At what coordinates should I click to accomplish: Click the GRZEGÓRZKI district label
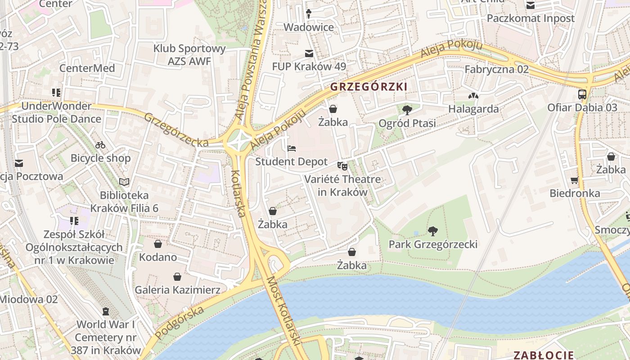[x=369, y=87]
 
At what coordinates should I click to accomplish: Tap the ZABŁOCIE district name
[x=544, y=355]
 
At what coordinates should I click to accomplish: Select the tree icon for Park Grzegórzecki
[x=433, y=231]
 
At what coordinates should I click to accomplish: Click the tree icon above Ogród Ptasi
[x=407, y=110]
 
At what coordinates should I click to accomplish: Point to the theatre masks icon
[x=342, y=166]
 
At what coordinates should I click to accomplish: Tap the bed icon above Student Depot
[x=292, y=148]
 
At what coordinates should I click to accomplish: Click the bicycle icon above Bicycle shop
[x=100, y=145]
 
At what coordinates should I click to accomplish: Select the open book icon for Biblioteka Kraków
[x=124, y=182]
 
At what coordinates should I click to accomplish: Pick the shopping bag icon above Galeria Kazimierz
[x=177, y=276]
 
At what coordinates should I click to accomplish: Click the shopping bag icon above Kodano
[x=158, y=244]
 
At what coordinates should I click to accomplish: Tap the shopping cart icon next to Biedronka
[x=574, y=180]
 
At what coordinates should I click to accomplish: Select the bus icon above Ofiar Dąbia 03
[x=582, y=94]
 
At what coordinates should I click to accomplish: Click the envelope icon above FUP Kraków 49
[x=309, y=54]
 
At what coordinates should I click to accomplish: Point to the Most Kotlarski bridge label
[x=284, y=311]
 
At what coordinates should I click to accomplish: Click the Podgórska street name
[x=179, y=323]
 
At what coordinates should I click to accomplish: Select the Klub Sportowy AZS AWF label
[x=189, y=55]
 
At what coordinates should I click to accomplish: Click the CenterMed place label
[x=87, y=68]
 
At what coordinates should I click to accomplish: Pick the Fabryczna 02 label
[x=496, y=69]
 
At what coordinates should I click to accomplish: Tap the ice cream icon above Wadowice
[x=309, y=14]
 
